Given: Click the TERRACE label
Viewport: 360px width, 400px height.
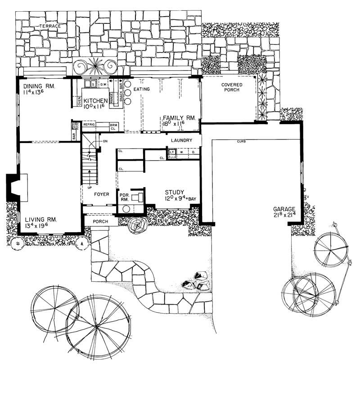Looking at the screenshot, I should point(50,27).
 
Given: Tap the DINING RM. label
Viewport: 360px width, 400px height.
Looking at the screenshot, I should point(36,86).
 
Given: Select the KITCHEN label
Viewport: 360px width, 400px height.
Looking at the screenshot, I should point(95,100).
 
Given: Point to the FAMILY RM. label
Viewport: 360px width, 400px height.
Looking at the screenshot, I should point(179,117).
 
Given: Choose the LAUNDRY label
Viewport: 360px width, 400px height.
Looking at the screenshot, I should point(182,140).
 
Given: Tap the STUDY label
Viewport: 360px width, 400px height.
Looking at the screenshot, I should point(174,191).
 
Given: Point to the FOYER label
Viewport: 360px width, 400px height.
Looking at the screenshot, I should point(102,195).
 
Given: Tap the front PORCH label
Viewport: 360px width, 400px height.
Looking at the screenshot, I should point(101,221).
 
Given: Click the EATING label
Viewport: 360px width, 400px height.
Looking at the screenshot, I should point(141,89).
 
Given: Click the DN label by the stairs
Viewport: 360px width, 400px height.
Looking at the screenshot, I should point(105,141).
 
